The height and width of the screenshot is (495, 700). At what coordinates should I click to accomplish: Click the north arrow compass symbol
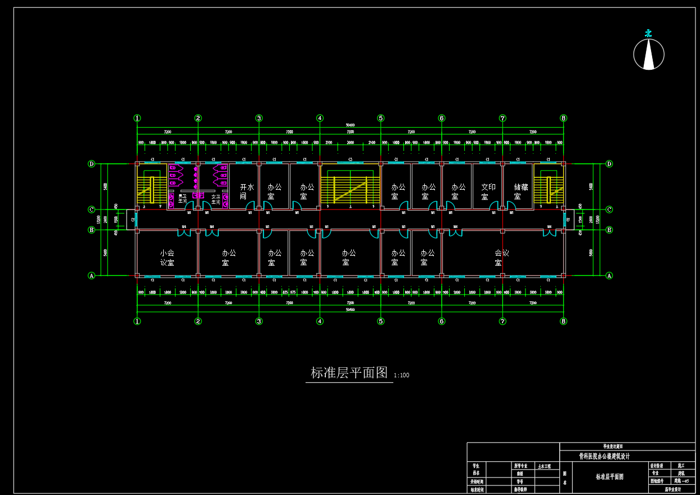point(649,54)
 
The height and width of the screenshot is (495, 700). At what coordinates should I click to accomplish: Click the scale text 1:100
point(402,375)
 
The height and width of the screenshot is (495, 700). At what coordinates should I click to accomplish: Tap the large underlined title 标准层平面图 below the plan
point(349,373)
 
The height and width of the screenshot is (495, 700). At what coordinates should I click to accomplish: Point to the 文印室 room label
point(488,191)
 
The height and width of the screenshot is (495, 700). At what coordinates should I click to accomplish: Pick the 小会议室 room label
point(167,258)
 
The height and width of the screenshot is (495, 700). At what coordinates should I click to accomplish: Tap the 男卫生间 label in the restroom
point(182,199)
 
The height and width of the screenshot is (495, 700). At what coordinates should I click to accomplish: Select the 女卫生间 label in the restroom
point(216,199)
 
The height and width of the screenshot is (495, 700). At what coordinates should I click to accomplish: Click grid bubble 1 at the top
point(137,118)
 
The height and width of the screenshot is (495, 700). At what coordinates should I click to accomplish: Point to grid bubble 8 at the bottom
point(563,321)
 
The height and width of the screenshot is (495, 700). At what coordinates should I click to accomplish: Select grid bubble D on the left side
point(92,164)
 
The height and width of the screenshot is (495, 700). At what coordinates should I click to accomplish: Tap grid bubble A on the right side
point(609,275)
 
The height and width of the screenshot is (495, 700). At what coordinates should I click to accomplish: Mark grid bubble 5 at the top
point(381,118)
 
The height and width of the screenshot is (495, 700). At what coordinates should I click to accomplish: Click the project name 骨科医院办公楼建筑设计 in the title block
point(604,457)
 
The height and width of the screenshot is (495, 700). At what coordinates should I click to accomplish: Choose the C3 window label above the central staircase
point(350,160)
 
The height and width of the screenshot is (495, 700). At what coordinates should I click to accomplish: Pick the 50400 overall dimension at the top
point(350,125)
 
